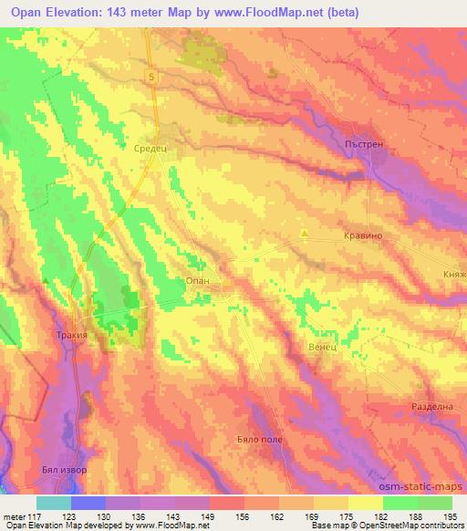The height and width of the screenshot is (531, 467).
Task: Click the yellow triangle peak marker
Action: pyautogui.click(x=304, y=233)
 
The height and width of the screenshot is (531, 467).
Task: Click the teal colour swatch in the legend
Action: pyautogui.click(x=54, y=503)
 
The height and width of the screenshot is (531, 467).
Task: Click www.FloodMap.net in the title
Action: pyautogui.click(x=284, y=13)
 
